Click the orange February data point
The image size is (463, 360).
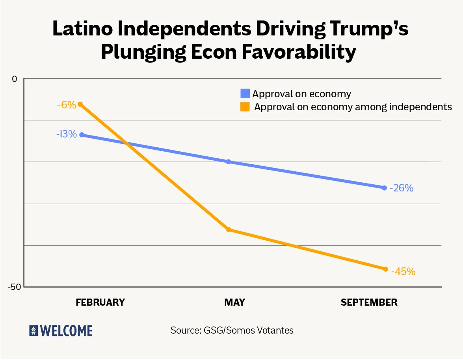tap(80, 104)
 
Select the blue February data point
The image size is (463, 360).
tap(82, 135)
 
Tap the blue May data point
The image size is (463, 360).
tap(229, 161)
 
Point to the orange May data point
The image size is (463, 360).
tap(229, 229)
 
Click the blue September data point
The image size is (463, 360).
tap(385, 187)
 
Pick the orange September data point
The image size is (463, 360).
tap(385, 269)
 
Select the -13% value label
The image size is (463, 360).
tap(66, 134)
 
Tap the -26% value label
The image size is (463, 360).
tap(402, 188)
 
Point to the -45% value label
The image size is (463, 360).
tap(403, 271)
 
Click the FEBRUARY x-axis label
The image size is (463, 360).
tap(100, 302)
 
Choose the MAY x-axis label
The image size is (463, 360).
tap(234, 302)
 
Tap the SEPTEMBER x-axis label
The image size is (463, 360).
tap(369, 302)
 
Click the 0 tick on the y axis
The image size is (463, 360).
tap(15, 79)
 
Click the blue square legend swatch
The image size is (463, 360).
tap(245, 94)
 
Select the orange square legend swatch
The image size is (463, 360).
tap(245, 107)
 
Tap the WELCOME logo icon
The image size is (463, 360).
tap(33, 331)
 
